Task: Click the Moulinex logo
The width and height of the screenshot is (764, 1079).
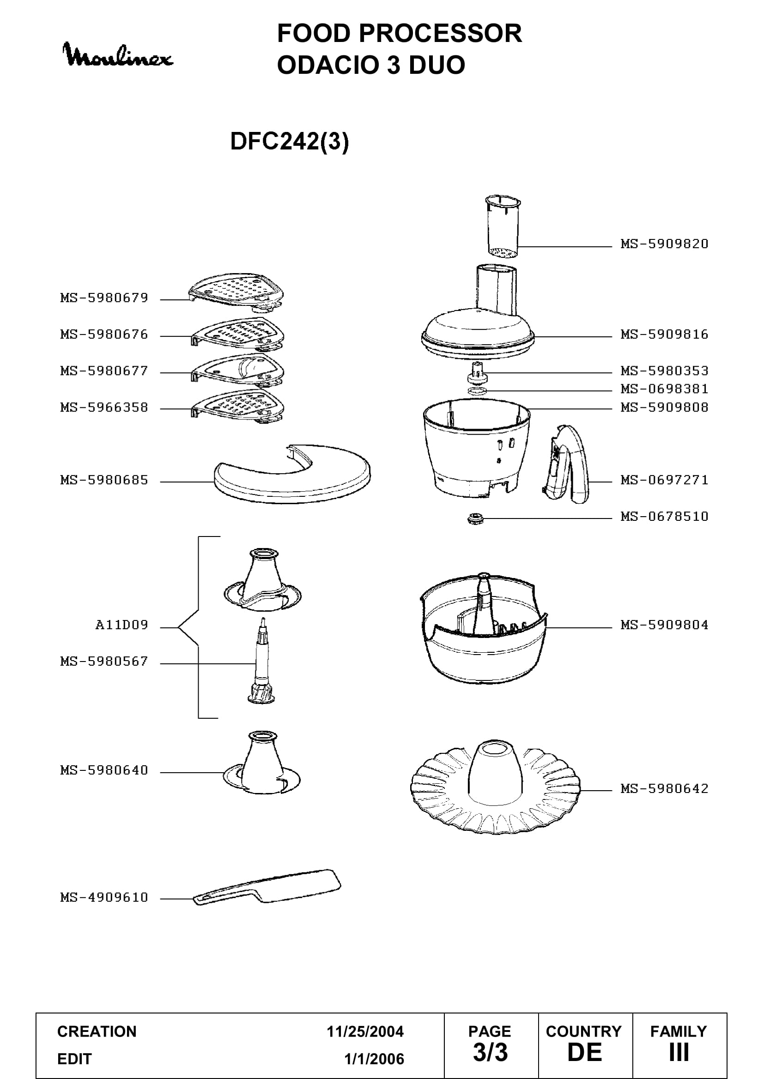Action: click(x=118, y=55)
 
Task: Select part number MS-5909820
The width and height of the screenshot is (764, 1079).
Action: click(x=664, y=244)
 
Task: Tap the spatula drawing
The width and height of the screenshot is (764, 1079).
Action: click(x=267, y=887)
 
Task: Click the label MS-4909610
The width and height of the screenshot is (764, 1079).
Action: click(x=104, y=898)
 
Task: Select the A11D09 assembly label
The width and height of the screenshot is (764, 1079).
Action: click(x=121, y=625)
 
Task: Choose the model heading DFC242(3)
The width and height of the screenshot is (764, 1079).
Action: click(x=289, y=141)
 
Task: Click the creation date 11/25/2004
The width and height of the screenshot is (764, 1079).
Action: click(x=365, y=1031)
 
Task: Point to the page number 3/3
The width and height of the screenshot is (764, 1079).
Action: click(x=490, y=1053)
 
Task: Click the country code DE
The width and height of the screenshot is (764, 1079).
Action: click(x=585, y=1053)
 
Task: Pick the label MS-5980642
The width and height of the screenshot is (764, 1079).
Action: click(x=664, y=788)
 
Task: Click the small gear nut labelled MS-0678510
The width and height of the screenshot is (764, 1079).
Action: click(x=476, y=519)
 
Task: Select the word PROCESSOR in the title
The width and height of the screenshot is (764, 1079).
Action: click(x=440, y=33)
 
